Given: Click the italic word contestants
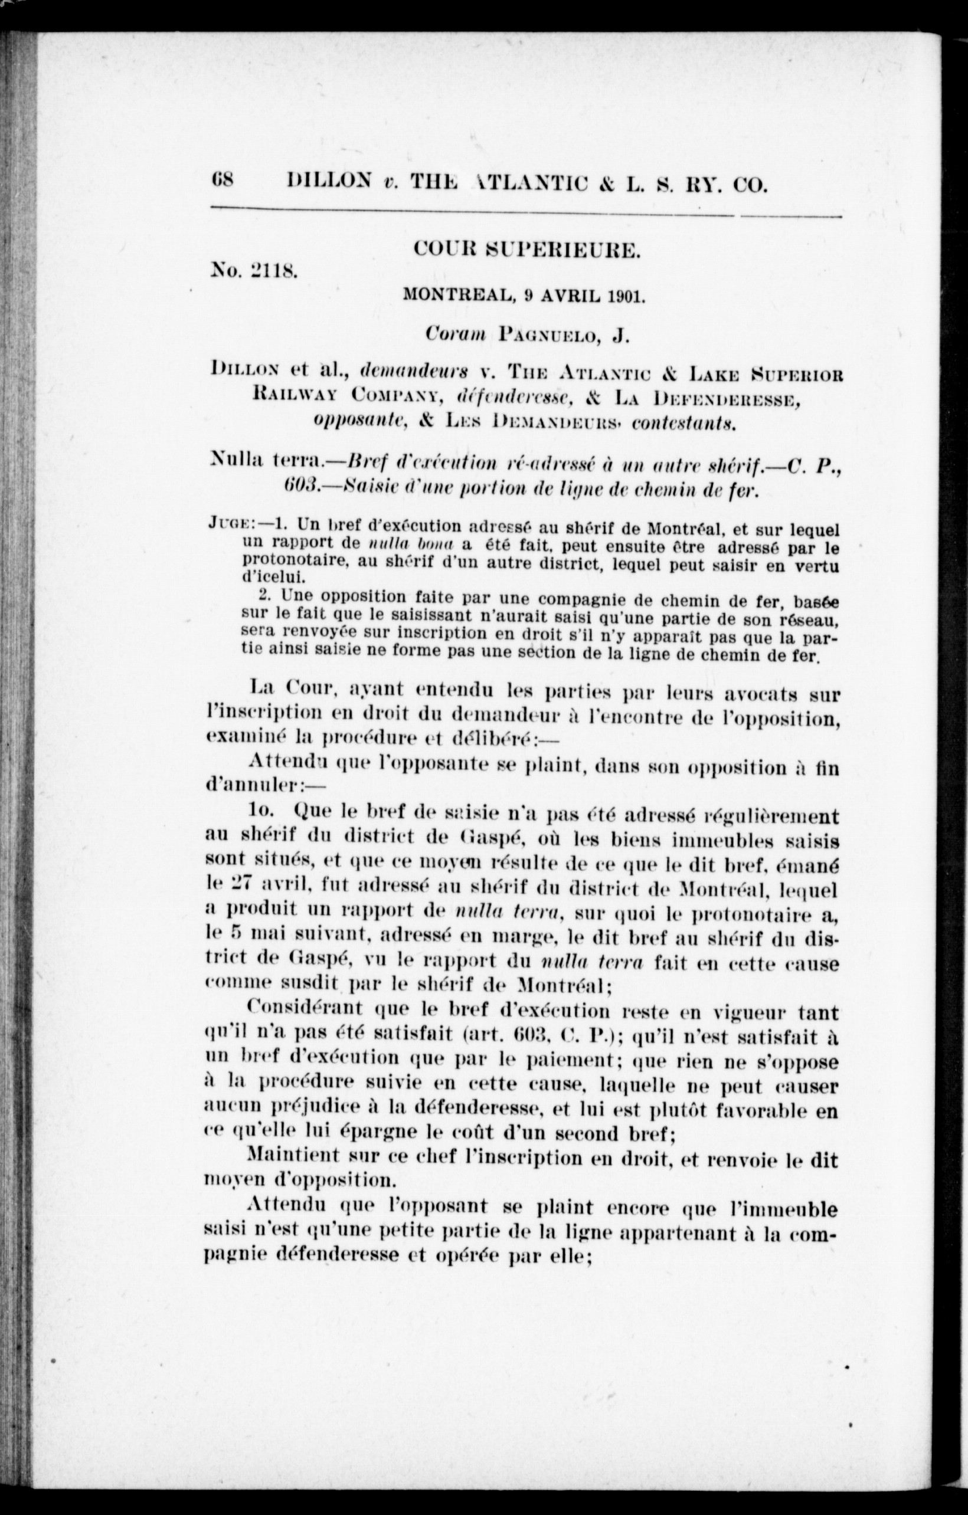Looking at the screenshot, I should tap(686, 423).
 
